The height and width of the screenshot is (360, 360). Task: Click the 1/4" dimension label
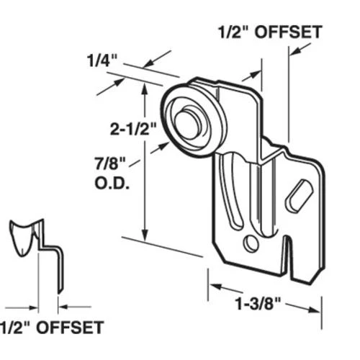99,61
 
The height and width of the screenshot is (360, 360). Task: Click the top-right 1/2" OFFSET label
269,32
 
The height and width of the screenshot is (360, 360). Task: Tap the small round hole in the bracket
251,243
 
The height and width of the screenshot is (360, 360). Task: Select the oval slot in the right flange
298,196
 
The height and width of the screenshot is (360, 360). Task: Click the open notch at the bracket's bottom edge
287,259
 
